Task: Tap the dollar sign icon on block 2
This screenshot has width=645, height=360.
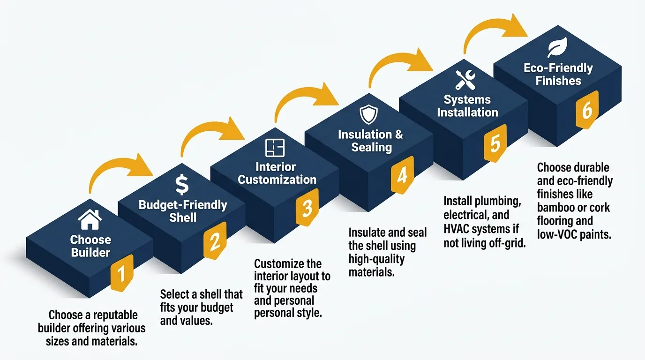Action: [182, 185]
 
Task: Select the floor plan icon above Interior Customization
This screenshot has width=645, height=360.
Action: [275, 148]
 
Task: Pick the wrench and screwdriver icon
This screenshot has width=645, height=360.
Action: [465, 80]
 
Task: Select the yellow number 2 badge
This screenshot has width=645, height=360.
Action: [215, 241]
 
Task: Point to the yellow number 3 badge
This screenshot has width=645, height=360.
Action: [307, 208]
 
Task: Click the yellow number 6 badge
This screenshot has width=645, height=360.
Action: [587, 110]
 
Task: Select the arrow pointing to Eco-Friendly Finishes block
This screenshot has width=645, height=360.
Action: [497, 31]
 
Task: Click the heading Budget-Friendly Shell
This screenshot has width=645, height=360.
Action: [183, 211]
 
